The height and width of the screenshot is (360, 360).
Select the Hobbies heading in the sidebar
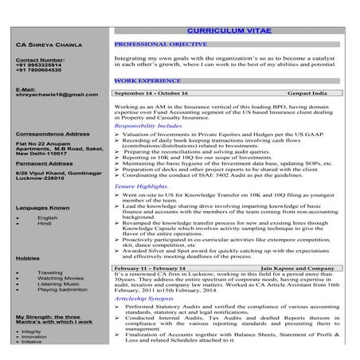[x=27, y=259]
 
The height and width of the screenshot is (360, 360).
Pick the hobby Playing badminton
[x=61, y=290]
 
